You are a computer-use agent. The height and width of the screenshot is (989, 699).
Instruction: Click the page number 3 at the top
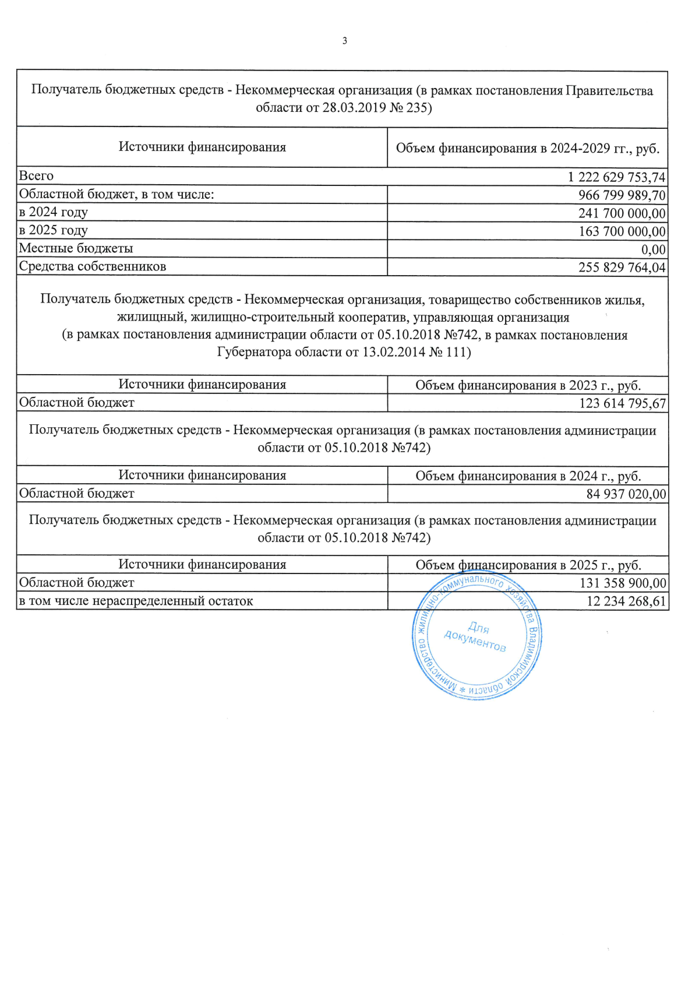click(x=345, y=41)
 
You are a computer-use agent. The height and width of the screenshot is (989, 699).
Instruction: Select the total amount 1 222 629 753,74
click(x=616, y=177)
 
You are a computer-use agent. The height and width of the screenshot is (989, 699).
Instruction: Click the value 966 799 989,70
click(x=622, y=195)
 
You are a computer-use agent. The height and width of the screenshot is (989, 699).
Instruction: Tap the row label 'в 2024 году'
click(x=54, y=212)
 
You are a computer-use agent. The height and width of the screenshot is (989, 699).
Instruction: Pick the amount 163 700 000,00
click(x=622, y=231)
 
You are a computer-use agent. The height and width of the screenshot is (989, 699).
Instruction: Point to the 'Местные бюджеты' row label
click(x=76, y=248)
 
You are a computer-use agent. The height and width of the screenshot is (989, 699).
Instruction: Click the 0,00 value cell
click(x=653, y=250)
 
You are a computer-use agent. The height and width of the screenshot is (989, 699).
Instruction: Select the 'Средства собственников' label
click(x=93, y=266)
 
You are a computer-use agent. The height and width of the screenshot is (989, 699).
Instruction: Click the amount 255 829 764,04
click(x=622, y=268)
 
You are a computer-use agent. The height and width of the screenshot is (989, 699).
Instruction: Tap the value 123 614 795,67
click(x=622, y=403)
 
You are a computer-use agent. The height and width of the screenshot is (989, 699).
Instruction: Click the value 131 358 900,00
click(x=623, y=583)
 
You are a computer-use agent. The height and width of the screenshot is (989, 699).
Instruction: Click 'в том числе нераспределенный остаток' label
click(x=136, y=601)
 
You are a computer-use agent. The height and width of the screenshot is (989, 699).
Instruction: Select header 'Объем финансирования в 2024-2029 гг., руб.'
click(x=527, y=149)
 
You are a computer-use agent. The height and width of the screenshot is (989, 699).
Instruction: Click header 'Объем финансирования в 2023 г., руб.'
click(x=528, y=385)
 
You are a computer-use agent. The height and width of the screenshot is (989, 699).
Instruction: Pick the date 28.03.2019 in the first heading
click(x=354, y=108)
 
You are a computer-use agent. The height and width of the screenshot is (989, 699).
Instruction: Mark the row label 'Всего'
click(x=36, y=176)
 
